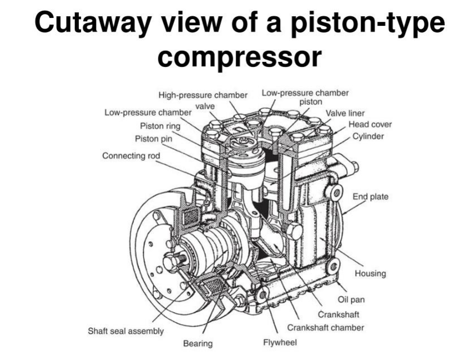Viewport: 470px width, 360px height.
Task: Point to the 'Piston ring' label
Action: coord(160,126)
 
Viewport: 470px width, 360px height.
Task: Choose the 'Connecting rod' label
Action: coord(131,155)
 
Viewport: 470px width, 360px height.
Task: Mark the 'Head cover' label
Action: coord(370,125)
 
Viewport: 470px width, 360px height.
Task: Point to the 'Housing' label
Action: coord(370,274)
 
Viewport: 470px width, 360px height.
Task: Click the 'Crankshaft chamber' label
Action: coord(326,327)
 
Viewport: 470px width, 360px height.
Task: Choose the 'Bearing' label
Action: coord(197,343)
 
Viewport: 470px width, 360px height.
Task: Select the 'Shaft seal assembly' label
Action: coord(126,331)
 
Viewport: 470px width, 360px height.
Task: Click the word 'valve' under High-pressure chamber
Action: coord(205,106)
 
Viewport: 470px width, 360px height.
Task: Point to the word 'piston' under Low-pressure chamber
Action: coord(311,102)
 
